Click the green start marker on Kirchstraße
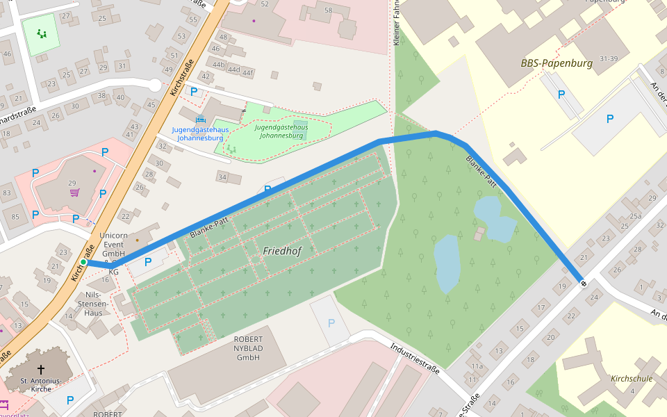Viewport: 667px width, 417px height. click(x=83, y=262)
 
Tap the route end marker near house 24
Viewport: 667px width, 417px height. click(x=583, y=282)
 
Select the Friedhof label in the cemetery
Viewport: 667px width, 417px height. click(x=282, y=251)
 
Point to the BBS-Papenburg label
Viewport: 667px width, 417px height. click(x=557, y=63)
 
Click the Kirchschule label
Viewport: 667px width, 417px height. click(x=632, y=379)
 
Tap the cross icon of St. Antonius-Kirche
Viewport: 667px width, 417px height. click(x=41, y=370)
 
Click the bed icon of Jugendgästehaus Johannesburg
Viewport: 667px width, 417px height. click(x=201, y=119)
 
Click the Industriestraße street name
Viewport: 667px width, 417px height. click(x=415, y=358)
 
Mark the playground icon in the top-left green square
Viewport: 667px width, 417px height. click(x=42, y=33)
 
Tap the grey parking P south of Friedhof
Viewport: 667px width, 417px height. click(x=331, y=323)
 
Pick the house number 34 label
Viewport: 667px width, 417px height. click(x=222, y=178)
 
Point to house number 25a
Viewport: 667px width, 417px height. click(x=635, y=216)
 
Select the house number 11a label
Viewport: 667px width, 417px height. click(x=476, y=366)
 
